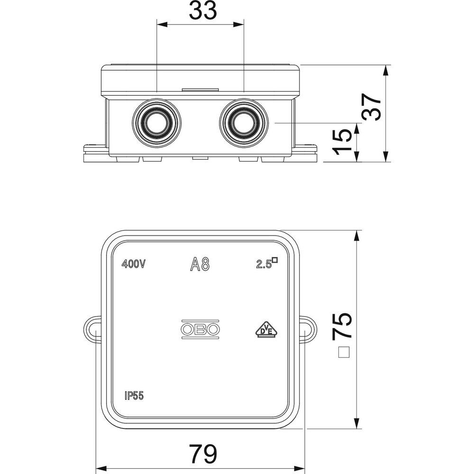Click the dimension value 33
click(203, 10)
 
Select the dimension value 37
click(372, 107)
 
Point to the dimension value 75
click(342, 325)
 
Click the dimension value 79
click(203, 454)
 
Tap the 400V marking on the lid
click(134, 264)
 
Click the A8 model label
click(200, 264)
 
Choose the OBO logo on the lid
click(200, 329)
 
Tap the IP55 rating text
click(134, 396)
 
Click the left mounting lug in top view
click(91, 330)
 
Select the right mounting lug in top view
click(309, 330)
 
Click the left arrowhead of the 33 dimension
click(162, 24)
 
